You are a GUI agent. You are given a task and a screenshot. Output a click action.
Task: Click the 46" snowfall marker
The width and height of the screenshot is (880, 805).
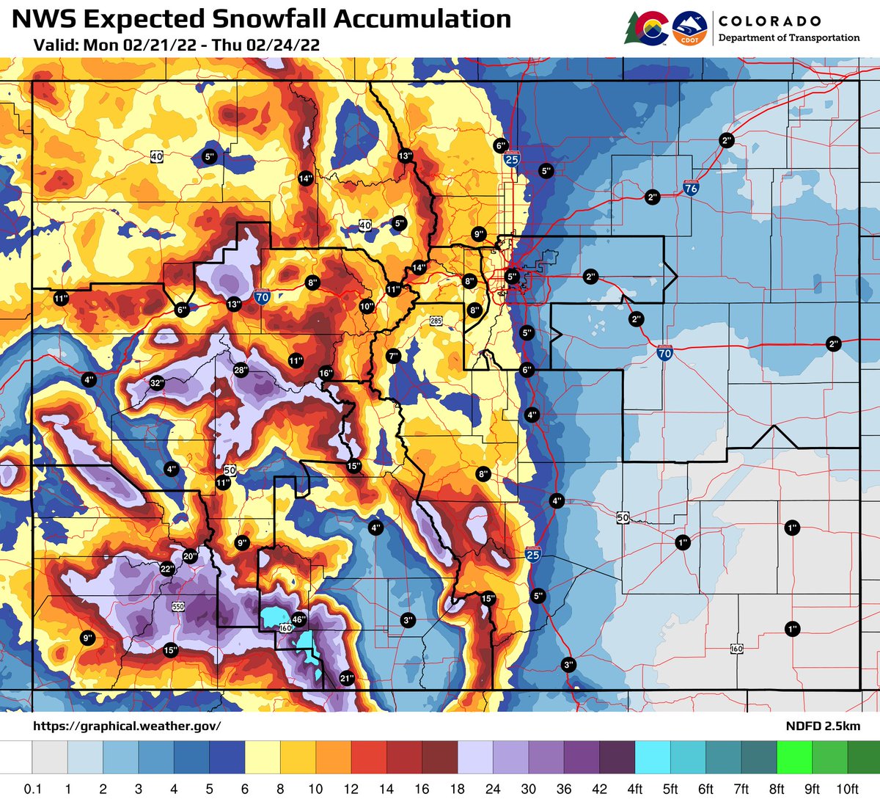[x=298, y=619]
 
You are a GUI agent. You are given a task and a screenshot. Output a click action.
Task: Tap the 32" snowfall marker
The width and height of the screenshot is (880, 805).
[x=156, y=383]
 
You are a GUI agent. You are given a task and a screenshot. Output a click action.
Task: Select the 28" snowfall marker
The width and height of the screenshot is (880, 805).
[x=241, y=370]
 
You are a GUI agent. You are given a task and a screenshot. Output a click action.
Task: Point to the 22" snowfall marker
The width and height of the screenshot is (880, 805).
[x=166, y=569]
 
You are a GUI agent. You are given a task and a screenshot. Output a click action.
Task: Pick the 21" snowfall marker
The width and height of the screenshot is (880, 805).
[x=347, y=679]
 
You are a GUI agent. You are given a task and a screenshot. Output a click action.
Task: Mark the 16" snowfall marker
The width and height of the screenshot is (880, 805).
[x=326, y=374]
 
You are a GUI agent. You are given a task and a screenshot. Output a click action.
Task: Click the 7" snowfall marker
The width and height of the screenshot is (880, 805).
[x=393, y=356]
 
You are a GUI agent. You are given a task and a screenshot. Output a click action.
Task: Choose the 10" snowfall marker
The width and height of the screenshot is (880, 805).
[x=367, y=307]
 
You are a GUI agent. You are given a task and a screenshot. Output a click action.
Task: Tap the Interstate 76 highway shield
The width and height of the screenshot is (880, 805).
[x=690, y=187]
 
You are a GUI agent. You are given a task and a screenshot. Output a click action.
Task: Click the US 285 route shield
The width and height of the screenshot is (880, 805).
[x=436, y=321]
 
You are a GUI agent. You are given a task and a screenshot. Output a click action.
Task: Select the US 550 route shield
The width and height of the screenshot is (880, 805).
[x=177, y=606]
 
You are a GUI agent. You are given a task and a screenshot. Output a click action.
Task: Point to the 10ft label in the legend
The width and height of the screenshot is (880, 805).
[x=847, y=789]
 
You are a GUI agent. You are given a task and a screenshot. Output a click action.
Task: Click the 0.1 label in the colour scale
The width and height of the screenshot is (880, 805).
[x=32, y=789]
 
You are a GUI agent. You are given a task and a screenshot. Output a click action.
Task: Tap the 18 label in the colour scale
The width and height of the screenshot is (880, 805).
[x=458, y=789]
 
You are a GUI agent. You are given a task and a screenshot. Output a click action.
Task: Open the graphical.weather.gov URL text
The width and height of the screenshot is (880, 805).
[x=127, y=726]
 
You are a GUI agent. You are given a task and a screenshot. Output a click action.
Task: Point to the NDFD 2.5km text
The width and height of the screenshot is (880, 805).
[x=821, y=726]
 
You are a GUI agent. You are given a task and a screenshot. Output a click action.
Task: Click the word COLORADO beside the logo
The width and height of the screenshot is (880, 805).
[x=769, y=21]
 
